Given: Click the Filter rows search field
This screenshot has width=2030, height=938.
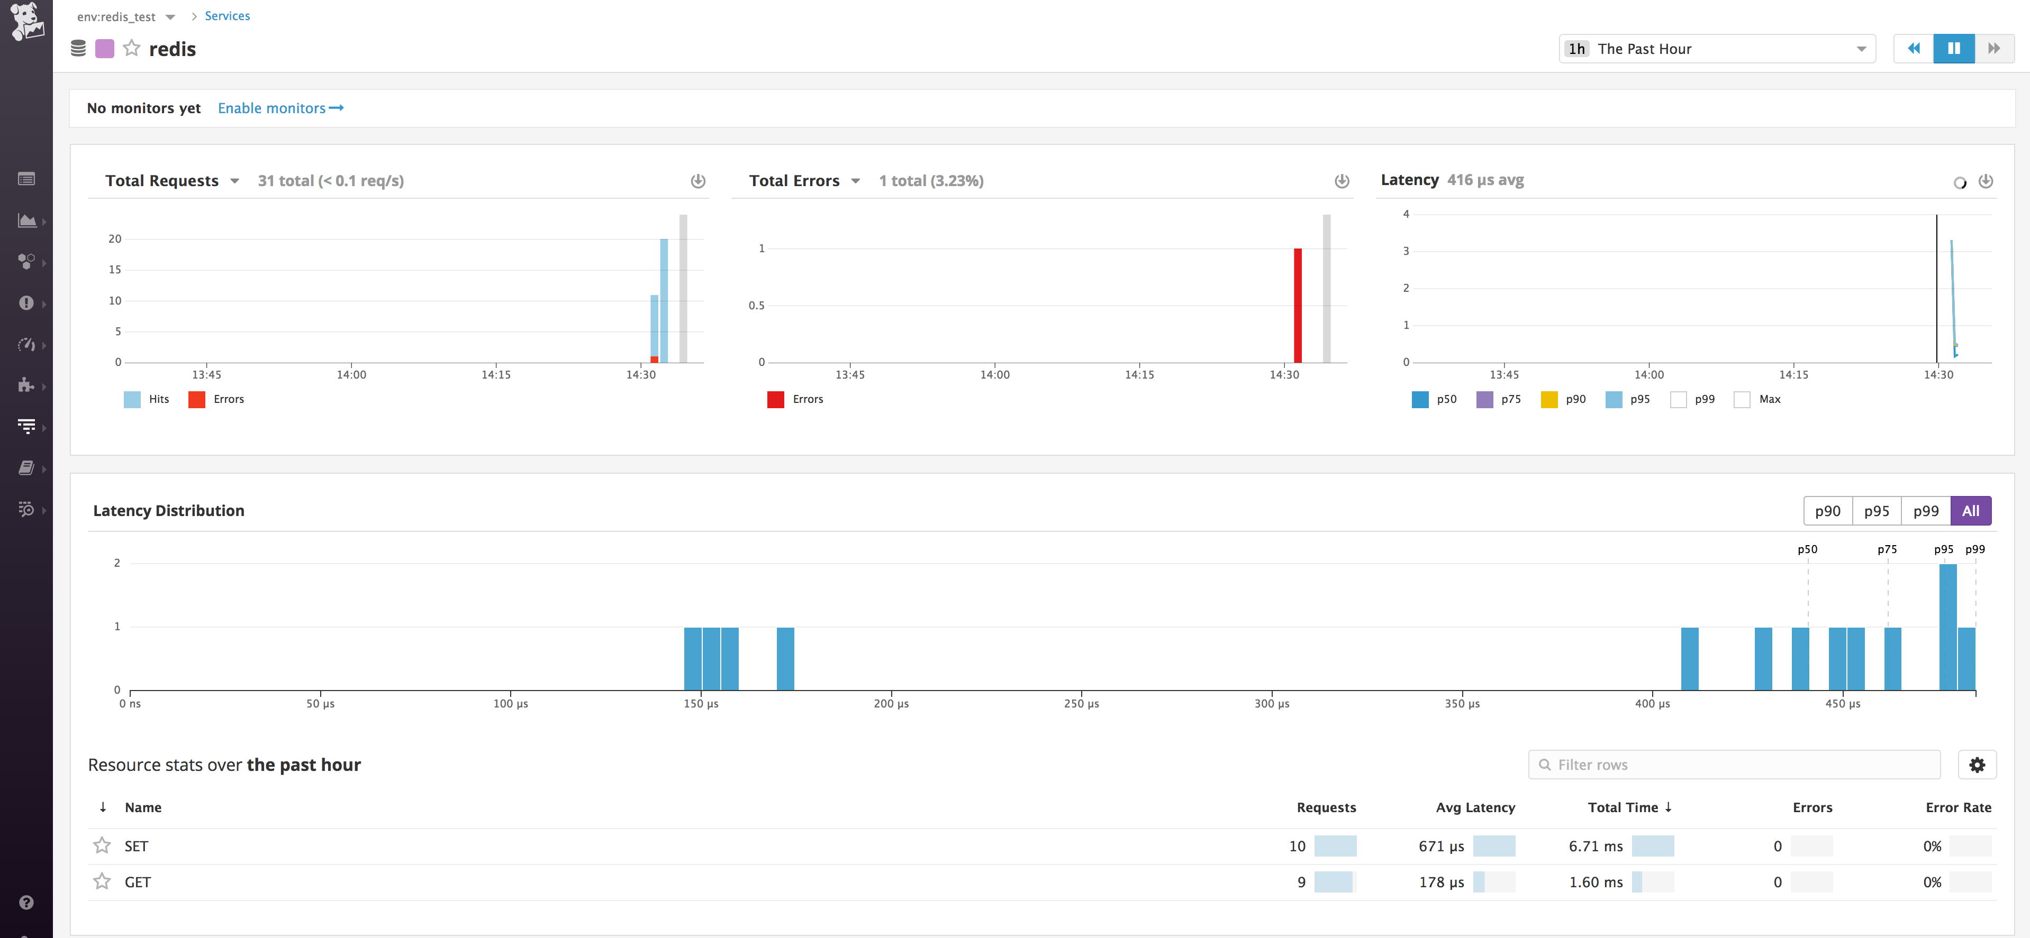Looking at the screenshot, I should pyautogui.click(x=1734, y=765).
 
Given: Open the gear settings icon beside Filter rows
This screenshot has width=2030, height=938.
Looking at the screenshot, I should pyautogui.click(x=1977, y=765).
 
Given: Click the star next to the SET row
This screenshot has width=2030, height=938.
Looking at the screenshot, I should pyautogui.click(x=102, y=846).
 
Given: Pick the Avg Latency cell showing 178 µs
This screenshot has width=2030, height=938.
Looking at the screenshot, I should pyautogui.click(x=1442, y=882).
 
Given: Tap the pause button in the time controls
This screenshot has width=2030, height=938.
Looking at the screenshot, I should pyautogui.click(x=1954, y=49).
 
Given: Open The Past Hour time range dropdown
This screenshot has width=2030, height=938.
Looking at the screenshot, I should pyautogui.click(x=1716, y=49).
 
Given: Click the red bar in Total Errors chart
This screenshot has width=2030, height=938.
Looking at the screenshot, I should pyautogui.click(x=1297, y=306).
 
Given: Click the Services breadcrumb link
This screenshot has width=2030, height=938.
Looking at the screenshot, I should pyautogui.click(x=227, y=16).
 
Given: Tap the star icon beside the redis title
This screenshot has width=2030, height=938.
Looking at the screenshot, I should pyautogui.click(x=132, y=49).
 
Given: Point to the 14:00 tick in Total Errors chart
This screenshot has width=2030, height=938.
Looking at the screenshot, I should pyautogui.click(x=994, y=375).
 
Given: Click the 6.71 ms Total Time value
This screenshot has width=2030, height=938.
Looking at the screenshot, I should pyautogui.click(x=1595, y=846).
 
